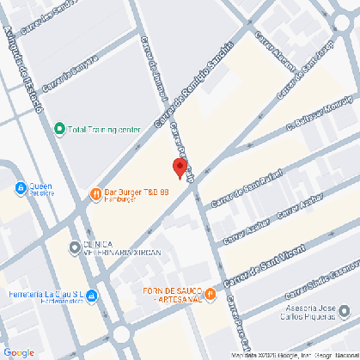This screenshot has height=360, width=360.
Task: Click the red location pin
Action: tap(180, 168)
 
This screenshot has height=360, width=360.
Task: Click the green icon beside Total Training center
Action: tap(59, 130)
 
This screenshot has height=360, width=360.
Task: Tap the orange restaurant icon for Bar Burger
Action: tap(95, 192)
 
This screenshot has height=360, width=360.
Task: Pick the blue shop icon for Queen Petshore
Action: tap(21, 187)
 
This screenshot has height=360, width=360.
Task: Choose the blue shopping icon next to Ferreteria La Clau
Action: tap(94, 296)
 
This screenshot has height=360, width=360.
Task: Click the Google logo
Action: tap(19, 351)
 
